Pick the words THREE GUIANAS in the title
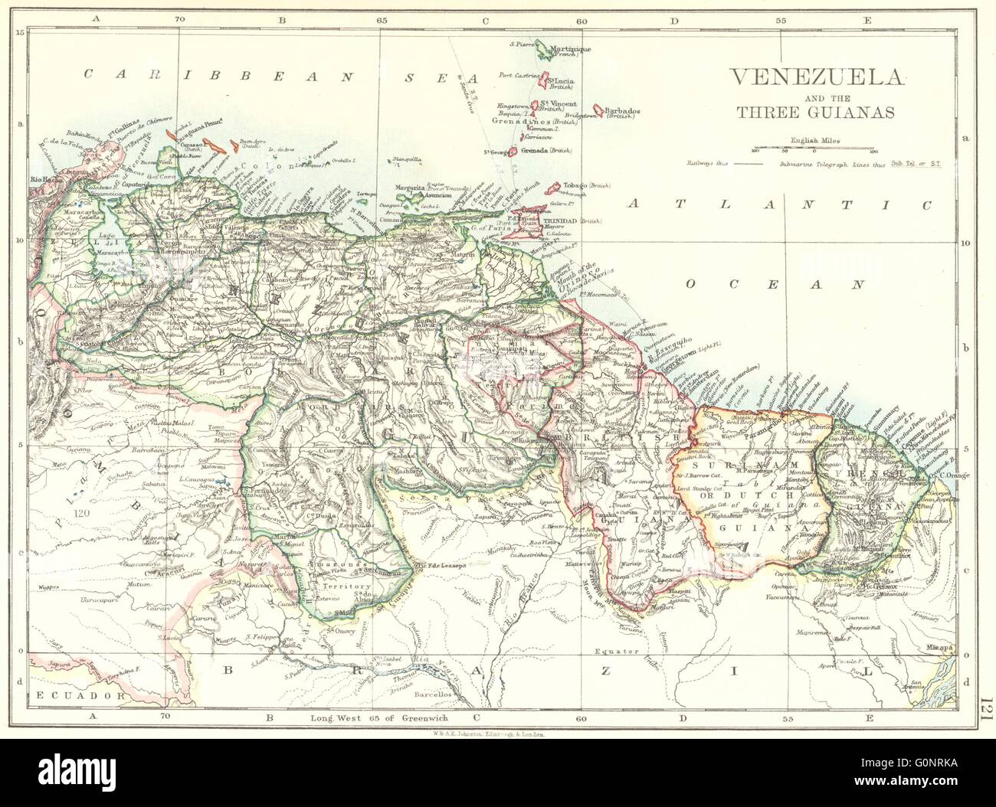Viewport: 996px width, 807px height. click(x=815, y=112)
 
